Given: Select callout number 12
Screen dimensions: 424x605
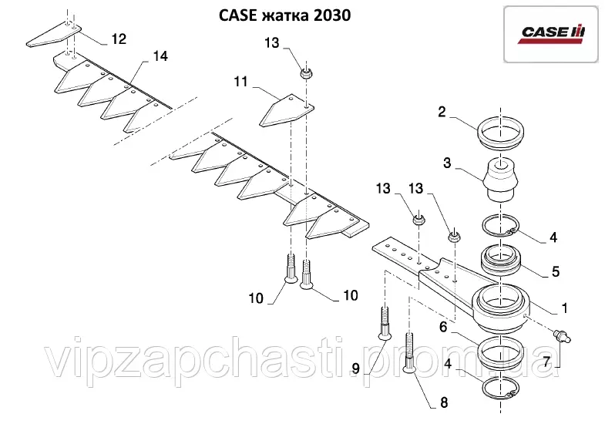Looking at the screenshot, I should (119, 38).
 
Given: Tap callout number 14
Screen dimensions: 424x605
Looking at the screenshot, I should (160, 56).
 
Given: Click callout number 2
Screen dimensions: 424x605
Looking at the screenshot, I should (442, 112).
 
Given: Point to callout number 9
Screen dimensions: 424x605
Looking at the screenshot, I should (356, 368).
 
